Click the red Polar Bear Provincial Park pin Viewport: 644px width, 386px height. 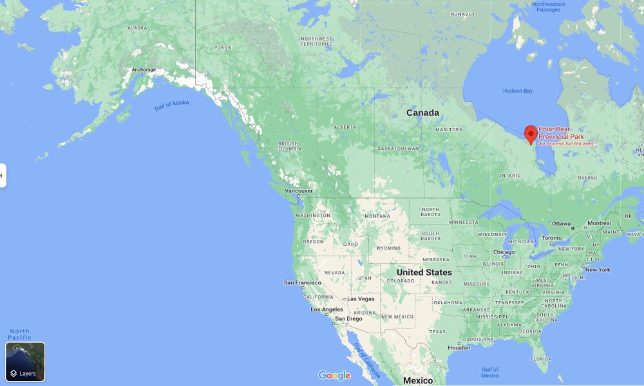click(x=531, y=134)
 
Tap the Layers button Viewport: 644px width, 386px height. click(x=25, y=362)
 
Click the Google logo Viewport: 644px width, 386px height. click(x=334, y=376)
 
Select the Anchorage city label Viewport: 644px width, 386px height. click(x=144, y=69)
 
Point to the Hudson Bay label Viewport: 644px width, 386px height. click(x=518, y=91)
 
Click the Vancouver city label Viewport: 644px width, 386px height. click(x=299, y=191)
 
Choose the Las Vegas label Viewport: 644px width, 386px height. click(x=361, y=299)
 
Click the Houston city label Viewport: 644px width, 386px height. click(x=459, y=348)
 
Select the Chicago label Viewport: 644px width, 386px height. click(x=504, y=252)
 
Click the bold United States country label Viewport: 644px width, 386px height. click(x=424, y=272)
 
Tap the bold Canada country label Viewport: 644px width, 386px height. click(x=422, y=113)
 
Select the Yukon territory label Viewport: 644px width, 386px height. click(x=223, y=48)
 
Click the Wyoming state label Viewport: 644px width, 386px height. click(x=388, y=248)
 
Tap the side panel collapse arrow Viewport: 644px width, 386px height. click(x=2, y=176)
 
